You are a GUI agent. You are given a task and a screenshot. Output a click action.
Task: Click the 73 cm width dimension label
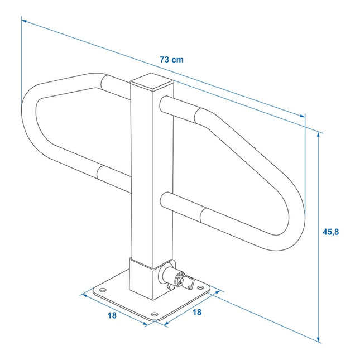171,60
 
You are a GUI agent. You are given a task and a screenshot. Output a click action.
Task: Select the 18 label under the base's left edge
112,315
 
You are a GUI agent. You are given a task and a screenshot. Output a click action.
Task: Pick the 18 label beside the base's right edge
196,313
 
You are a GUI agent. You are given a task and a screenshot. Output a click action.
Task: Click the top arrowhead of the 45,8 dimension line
318,135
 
